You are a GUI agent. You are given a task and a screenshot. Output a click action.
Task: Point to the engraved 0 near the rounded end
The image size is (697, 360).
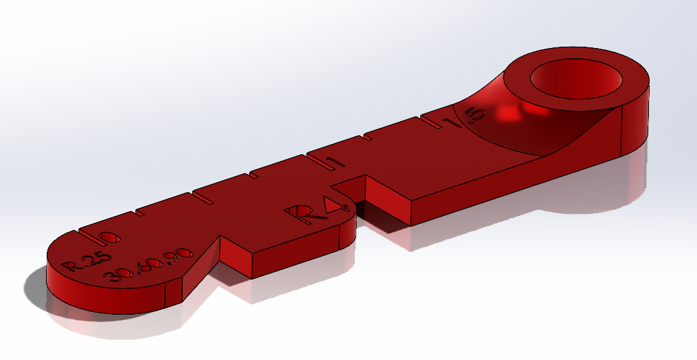[x=110, y=237]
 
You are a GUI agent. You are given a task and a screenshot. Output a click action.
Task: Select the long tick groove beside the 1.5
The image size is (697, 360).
[x=434, y=120]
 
